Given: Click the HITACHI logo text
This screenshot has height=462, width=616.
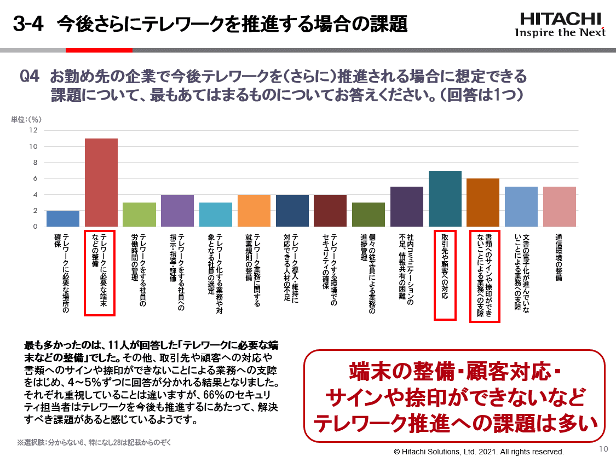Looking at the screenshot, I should pyautogui.click(x=560, y=19).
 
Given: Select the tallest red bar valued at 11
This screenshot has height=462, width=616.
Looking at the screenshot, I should pyautogui.click(x=101, y=182).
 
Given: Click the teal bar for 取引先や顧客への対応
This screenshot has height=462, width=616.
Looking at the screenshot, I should pyautogui.click(x=445, y=199).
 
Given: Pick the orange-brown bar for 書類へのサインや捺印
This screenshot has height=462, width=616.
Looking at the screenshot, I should pyautogui.click(x=482, y=203).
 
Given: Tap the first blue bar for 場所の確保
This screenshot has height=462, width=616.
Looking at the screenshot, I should pyautogui.click(x=63, y=218).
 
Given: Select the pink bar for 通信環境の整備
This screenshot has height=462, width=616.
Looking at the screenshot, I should pyautogui.click(x=559, y=206).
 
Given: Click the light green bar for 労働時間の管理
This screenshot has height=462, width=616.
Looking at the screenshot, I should pyautogui.click(x=139, y=215).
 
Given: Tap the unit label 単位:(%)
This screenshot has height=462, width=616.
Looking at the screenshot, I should pyautogui.click(x=26, y=119).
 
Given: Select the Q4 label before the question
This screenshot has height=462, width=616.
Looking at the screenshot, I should pyautogui.click(x=30, y=76).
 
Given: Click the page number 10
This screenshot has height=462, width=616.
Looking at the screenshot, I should pyautogui.click(x=604, y=449).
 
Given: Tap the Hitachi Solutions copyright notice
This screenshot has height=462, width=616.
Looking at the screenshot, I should pyautogui.click(x=479, y=452).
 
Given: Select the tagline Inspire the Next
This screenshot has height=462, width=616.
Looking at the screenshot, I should pyautogui.click(x=560, y=32).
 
